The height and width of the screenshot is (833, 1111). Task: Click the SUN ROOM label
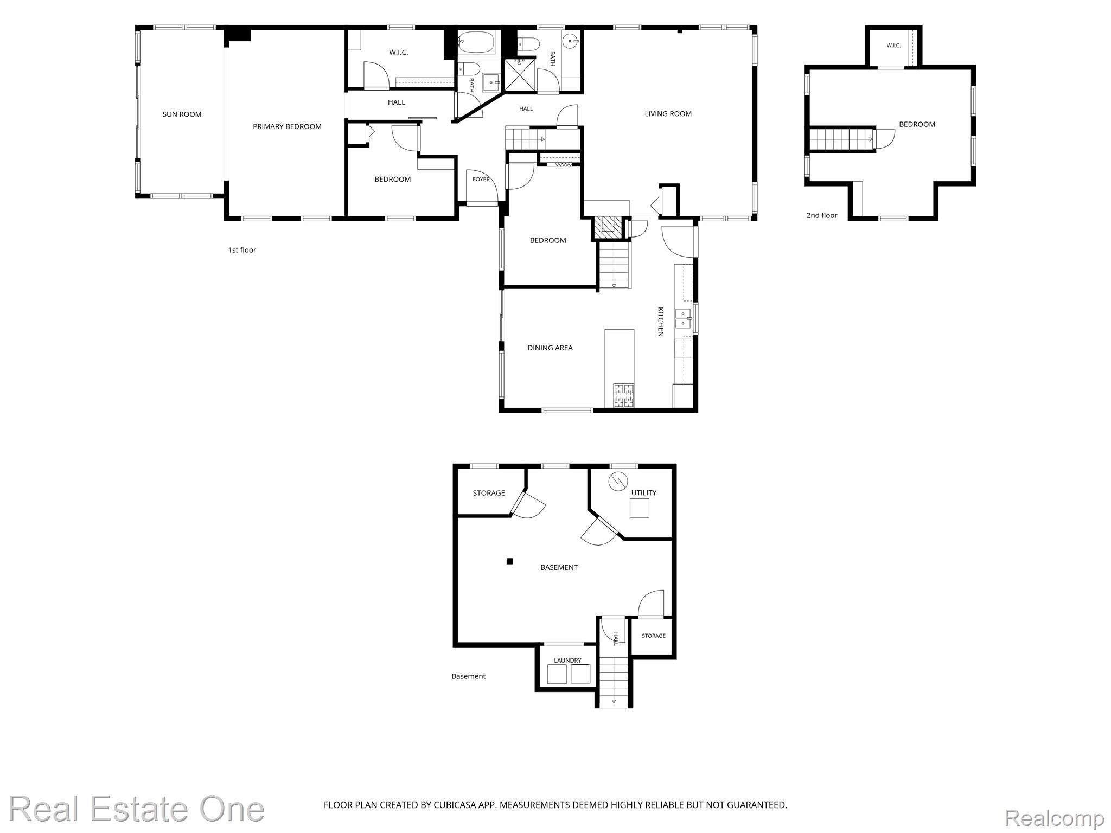tap(182, 114)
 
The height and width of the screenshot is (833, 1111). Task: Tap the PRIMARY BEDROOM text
tap(287, 126)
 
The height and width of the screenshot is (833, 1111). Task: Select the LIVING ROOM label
tap(668, 114)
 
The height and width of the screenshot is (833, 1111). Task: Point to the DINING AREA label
tap(550, 348)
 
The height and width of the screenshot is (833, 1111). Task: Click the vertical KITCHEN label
tap(661, 322)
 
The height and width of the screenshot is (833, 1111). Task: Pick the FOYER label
tap(481, 180)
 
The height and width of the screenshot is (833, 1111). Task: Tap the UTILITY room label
tap(644, 493)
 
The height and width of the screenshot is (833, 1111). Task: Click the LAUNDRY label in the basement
tap(567, 661)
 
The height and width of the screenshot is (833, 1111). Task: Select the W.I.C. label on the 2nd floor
tap(893, 46)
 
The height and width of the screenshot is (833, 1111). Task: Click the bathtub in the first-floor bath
tap(477, 42)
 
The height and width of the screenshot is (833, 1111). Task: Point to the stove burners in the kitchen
tap(623, 395)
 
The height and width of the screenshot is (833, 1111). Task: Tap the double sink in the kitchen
tap(682, 319)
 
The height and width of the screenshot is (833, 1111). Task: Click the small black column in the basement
tap(509, 561)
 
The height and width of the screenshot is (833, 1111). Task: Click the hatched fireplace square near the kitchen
tap(606, 227)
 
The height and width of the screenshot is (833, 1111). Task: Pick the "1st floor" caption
tap(242, 250)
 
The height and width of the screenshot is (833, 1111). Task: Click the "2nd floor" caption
tap(821, 215)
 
